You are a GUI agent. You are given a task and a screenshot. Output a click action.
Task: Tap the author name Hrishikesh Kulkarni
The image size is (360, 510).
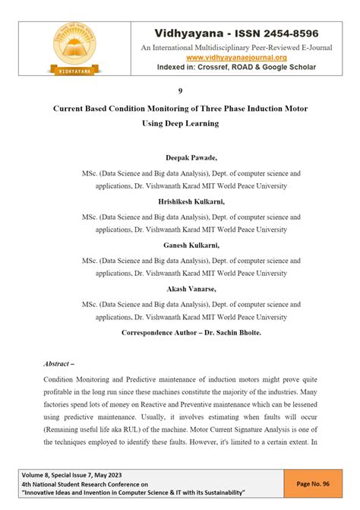pyautogui.click(x=180, y=201)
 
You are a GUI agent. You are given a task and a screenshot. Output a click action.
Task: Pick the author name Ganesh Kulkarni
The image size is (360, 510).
pyautogui.click(x=180, y=245)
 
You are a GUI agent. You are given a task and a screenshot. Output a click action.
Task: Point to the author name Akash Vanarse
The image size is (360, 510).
pyautogui.click(x=180, y=289)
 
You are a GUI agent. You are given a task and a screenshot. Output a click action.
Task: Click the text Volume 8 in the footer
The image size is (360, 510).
pyautogui.click(x=38, y=474)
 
